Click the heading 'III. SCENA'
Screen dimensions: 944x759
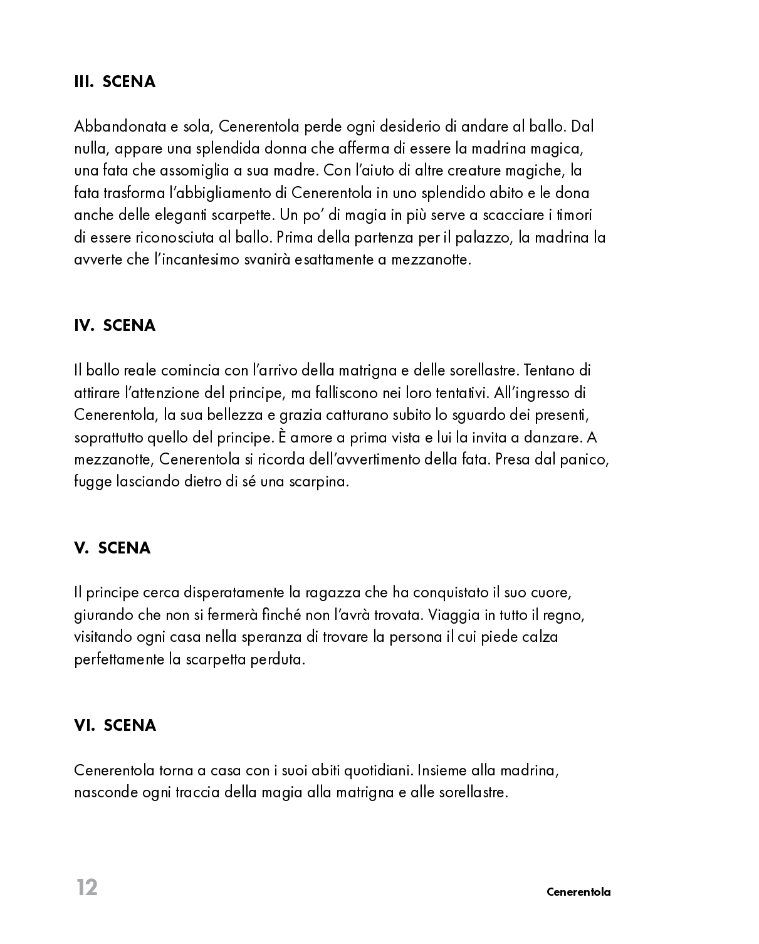coord(115,82)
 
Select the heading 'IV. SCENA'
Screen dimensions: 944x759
coord(115,325)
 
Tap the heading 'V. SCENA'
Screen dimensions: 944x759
coord(112,548)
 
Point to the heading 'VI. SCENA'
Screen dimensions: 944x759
coord(115,725)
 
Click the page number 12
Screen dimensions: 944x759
coord(87,888)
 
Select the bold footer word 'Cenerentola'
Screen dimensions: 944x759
coord(578,892)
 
